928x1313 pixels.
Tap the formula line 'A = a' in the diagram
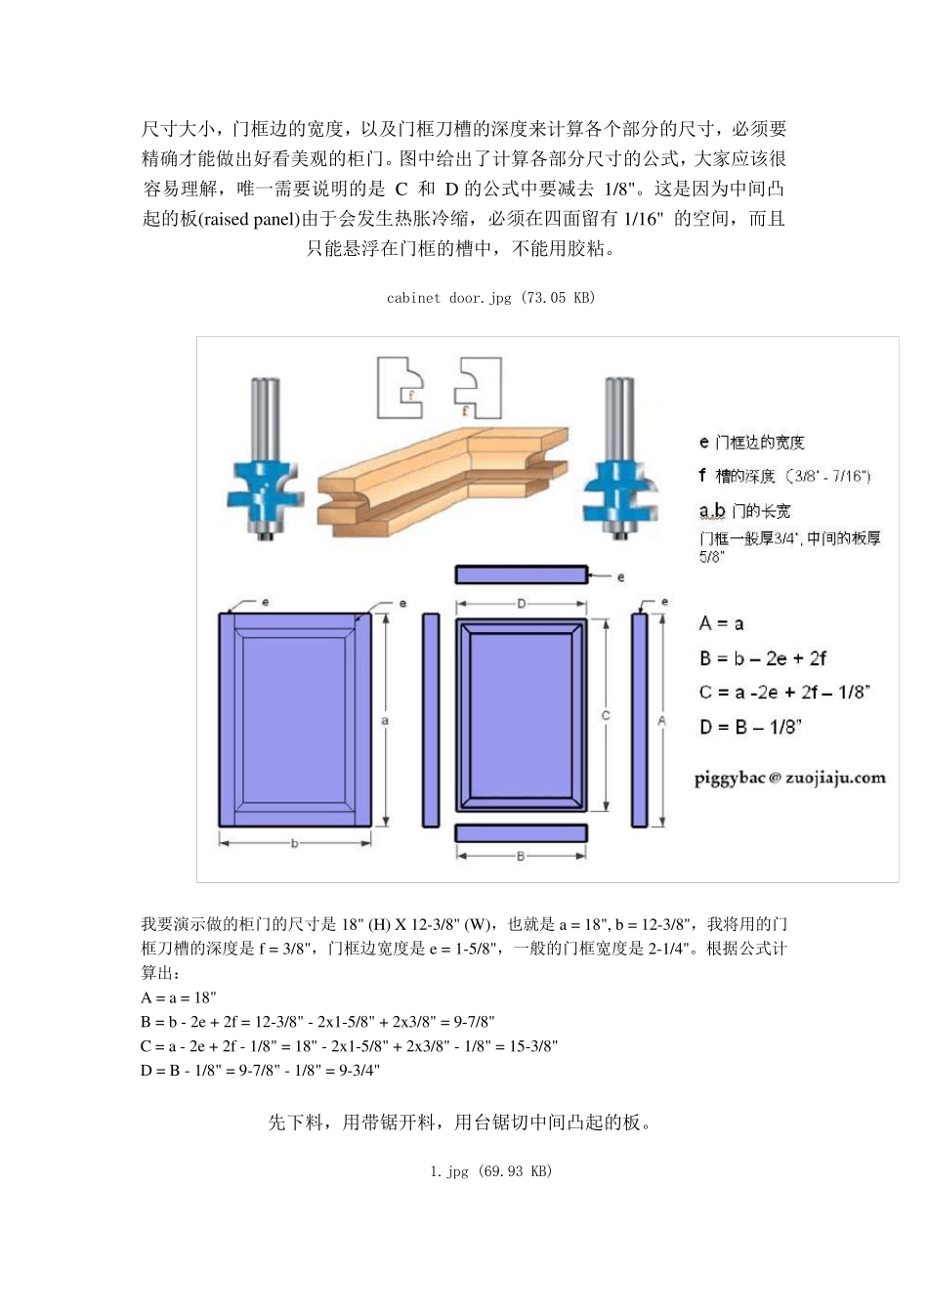point(721,623)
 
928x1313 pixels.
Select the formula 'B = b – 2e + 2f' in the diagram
point(762,658)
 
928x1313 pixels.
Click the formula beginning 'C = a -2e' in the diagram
point(783,693)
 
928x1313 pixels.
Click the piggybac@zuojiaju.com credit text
point(789,778)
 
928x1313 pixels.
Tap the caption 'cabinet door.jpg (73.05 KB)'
point(490,298)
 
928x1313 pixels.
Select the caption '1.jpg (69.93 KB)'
point(490,1171)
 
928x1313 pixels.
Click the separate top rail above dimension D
point(522,574)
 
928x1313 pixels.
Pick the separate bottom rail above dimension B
point(522,832)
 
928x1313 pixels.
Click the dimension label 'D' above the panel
point(522,604)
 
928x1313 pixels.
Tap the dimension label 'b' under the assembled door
point(294,844)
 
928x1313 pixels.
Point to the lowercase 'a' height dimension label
point(385,720)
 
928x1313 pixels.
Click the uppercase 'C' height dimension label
point(606,716)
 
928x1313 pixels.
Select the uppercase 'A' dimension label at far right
point(661,720)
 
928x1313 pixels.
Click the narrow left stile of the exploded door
point(431,720)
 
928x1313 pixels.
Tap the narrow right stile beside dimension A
point(640,720)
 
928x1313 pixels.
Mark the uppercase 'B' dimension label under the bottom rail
point(522,857)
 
